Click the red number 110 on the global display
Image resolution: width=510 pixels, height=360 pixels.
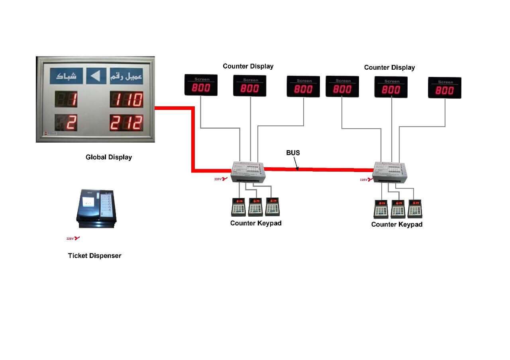click(126, 100)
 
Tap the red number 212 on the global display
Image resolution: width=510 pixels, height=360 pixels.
click(126, 123)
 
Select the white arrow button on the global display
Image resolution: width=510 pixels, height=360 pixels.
click(96, 76)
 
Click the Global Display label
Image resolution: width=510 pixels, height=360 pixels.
click(109, 157)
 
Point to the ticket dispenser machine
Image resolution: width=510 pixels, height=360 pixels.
click(96, 207)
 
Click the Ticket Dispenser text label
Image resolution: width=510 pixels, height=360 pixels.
click(94, 256)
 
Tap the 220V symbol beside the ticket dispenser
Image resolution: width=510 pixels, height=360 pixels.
click(73, 239)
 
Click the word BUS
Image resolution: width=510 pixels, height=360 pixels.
click(293, 153)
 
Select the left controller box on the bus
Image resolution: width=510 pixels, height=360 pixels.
click(247, 172)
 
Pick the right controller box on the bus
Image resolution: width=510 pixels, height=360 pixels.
click(389, 172)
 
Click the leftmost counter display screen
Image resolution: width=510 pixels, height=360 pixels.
click(201, 85)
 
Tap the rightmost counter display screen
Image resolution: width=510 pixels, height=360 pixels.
click(444, 88)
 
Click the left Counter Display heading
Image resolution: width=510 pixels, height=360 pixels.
click(248, 66)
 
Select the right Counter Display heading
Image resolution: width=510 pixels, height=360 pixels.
click(389, 67)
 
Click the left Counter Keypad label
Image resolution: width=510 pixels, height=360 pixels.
click(256, 223)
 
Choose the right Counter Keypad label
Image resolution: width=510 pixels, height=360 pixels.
click(396, 225)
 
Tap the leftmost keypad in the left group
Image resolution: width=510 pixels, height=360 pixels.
click(239, 206)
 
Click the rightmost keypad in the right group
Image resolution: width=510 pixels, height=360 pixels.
click(415, 208)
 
